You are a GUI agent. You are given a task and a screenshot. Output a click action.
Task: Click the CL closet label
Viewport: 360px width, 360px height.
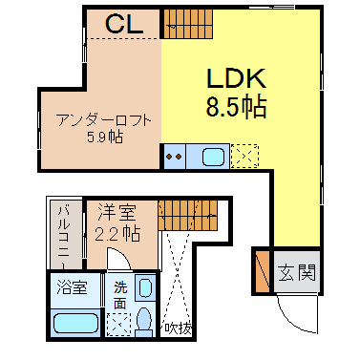point(124,24)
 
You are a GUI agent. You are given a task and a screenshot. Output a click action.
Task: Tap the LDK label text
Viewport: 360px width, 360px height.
point(236,78)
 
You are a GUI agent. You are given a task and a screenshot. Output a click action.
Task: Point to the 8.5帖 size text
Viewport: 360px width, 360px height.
point(236,107)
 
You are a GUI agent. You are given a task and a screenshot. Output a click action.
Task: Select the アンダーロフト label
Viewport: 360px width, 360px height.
point(103,120)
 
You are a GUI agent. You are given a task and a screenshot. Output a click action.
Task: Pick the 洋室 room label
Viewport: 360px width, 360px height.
point(116,212)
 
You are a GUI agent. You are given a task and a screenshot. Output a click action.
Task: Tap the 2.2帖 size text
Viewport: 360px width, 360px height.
point(117,234)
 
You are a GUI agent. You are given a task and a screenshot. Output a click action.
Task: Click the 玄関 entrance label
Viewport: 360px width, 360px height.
point(297,272)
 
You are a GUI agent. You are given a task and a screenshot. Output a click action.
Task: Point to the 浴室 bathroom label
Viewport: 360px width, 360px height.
point(72,287)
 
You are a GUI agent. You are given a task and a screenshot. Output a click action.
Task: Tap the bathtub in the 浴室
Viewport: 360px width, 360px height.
point(75,324)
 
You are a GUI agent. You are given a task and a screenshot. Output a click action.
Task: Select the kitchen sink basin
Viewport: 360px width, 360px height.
point(213,158)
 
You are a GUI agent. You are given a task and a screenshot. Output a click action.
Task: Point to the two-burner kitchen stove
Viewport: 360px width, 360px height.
point(175,157)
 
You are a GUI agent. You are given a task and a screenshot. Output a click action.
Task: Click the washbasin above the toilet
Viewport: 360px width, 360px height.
point(145,287)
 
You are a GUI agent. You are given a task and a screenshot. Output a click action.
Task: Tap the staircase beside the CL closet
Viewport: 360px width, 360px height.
point(188,24)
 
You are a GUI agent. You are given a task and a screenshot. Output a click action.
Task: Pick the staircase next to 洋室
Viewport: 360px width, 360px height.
point(188,216)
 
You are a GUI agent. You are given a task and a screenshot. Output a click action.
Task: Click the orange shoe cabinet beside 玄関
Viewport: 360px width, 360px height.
point(263,272)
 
